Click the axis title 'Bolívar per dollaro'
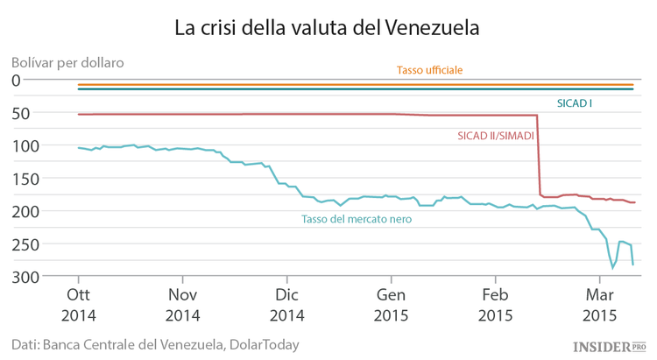68,62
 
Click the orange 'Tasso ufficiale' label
429,70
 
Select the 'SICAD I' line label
574,103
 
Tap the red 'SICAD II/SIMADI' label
496,136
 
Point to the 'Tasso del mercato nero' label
356,220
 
